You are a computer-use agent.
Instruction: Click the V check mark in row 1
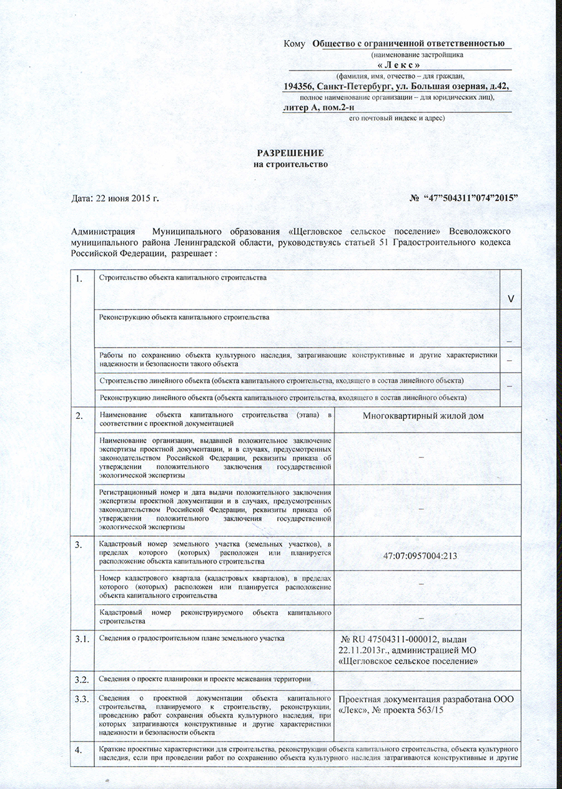(511, 300)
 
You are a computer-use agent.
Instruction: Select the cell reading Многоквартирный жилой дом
(428, 416)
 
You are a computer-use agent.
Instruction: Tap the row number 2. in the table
(79, 416)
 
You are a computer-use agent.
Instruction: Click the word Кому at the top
(294, 44)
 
